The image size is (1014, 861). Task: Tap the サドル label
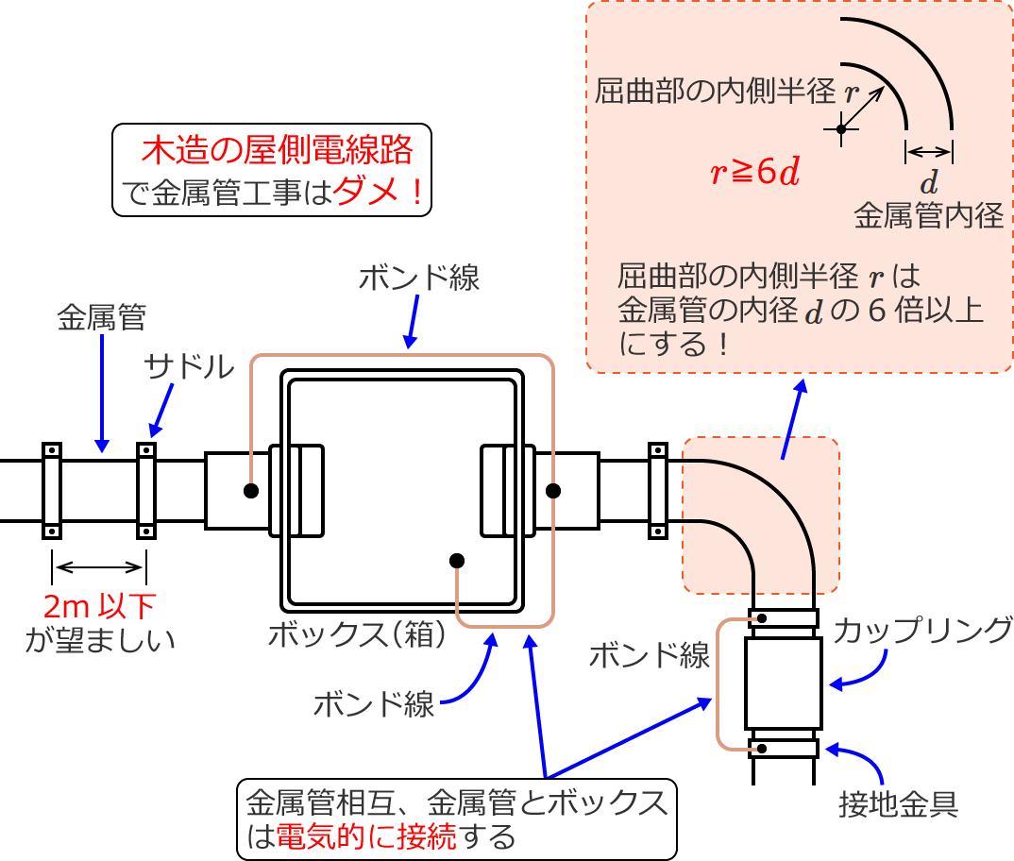(189, 367)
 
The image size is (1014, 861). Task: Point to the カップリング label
(924, 629)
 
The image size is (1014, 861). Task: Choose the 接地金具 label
(899, 803)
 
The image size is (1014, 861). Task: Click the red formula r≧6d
(755, 172)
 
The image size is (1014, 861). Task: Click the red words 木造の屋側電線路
(278, 150)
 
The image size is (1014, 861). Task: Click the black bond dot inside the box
(457, 561)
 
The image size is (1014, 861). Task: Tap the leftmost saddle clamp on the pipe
(51, 491)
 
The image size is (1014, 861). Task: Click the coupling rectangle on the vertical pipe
(783, 679)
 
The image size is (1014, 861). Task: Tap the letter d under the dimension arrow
(929, 180)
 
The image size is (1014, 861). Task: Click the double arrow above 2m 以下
(99, 567)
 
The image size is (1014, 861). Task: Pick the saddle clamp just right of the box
(658, 491)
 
